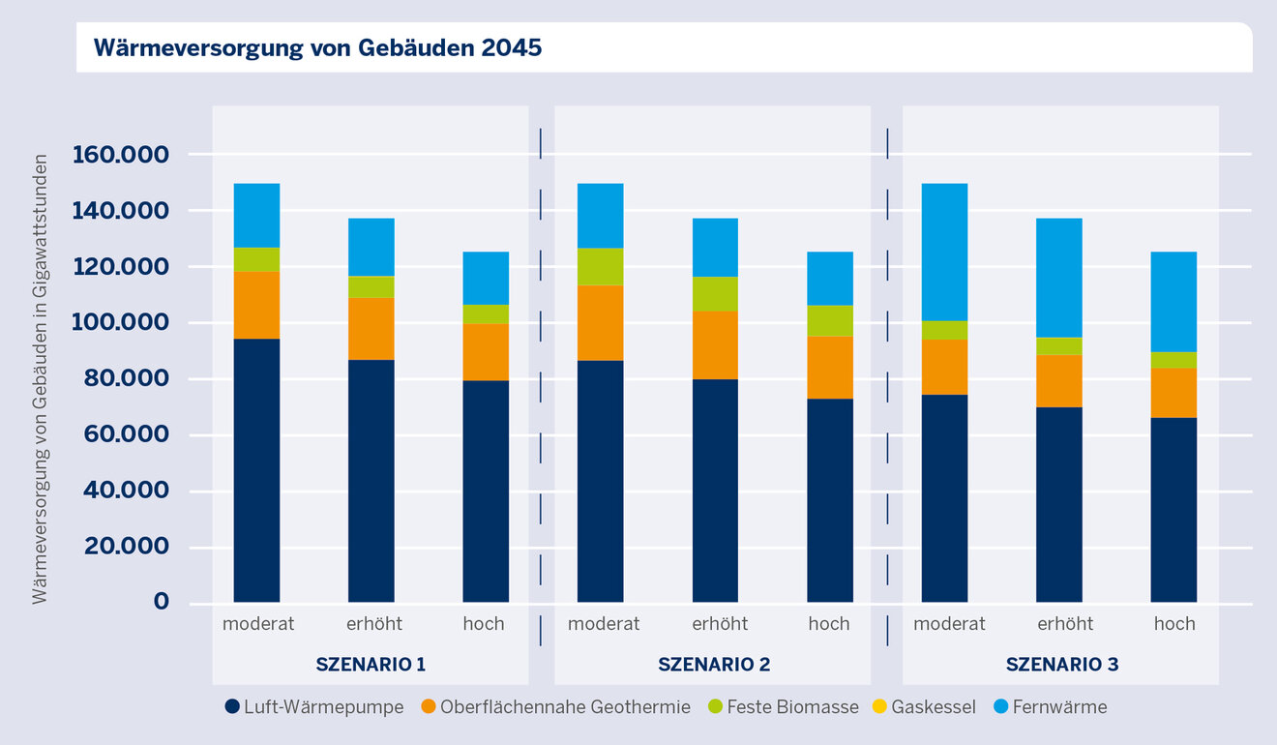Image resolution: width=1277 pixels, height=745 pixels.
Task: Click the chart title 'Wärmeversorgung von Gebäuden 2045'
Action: coord(317,48)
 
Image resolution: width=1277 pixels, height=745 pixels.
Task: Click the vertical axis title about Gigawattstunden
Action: coord(40,378)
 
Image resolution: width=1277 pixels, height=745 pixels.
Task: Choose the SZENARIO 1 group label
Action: coord(371,665)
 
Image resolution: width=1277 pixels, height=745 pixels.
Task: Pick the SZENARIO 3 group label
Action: coord(1061,665)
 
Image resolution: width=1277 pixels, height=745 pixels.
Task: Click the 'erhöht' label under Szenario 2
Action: coord(720,624)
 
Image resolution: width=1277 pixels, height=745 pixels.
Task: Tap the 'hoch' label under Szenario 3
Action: coord(1174,624)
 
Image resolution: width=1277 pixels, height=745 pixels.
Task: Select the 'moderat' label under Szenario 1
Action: coord(257,624)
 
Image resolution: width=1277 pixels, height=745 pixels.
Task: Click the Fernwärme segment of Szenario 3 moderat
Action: coord(944,252)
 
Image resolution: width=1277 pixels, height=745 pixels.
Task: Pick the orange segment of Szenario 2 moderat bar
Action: coord(600,323)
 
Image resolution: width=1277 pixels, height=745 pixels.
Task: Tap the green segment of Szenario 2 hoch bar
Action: coord(830,320)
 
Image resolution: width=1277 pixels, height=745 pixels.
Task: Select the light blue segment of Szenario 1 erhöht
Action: coord(371,247)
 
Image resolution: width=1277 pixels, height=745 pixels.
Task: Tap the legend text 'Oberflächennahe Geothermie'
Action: coord(565,707)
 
